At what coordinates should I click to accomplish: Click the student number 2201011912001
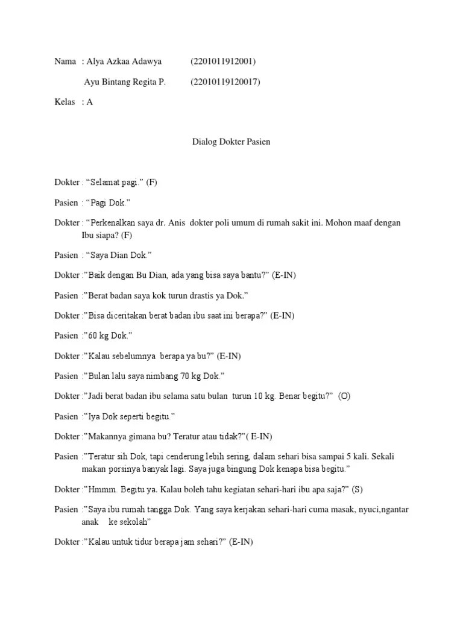pyautogui.click(x=223, y=61)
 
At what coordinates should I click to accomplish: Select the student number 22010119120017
pyautogui.click(x=225, y=82)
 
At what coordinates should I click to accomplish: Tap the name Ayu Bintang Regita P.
pyautogui.click(x=127, y=82)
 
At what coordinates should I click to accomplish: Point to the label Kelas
pyautogui.click(x=65, y=102)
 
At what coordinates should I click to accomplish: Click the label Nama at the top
pyautogui.click(x=65, y=61)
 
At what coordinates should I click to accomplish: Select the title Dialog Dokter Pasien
pyautogui.click(x=231, y=142)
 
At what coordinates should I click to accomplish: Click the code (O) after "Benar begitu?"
pyautogui.click(x=344, y=396)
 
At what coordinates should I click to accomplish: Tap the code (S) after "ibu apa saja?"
pyautogui.click(x=357, y=489)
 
